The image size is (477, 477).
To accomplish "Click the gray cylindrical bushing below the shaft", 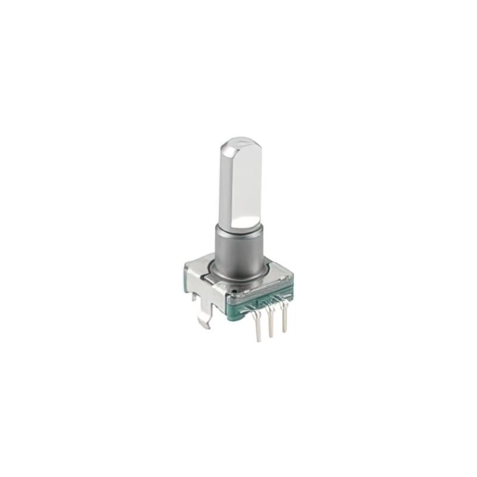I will (x=238, y=250).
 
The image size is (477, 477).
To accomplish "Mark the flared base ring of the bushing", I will (x=238, y=275).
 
